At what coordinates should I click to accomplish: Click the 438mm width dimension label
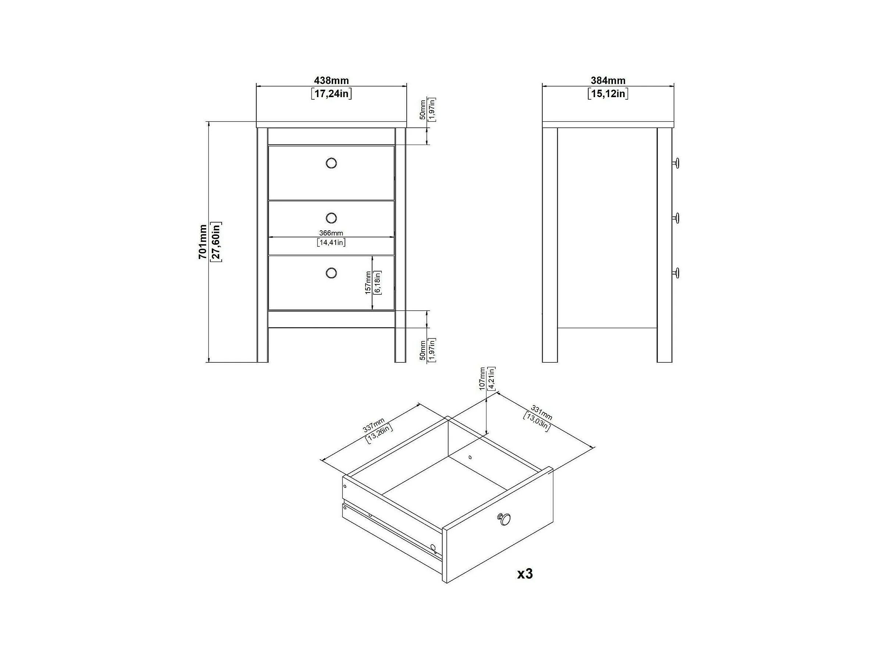pyautogui.click(x=331, y=81)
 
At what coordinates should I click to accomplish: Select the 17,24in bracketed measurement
pyautogui.click(x=331, y=94)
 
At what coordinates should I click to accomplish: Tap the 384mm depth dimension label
pyautogui.click(x=608, y=81)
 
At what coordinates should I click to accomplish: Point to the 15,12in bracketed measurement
pyautogui.click(x=608, y=94)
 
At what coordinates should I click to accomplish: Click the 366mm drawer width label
pyautogui.click(x=331, y=233)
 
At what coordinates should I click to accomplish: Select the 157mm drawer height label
pyautogui.click(x=368, y=283)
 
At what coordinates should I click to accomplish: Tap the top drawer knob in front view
pyautogui.click(x=331, y=163)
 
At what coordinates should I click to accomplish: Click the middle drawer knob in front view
pyautogui.click(x=331, y=218)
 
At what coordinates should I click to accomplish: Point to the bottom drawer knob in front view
pyautogui.click(x=331, y=273)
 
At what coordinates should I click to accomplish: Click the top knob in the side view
pyautogui.click(x=675, y=163)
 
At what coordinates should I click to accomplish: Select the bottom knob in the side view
pyautogui.click(x=675, y=273)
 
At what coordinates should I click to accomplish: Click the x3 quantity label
pyautogui.click(x=525, y=574)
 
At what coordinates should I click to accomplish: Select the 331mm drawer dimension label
pyautogui.click(x=542, y=412)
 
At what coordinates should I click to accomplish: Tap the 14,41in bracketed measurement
pyautogui.click(x=331, y=242)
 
